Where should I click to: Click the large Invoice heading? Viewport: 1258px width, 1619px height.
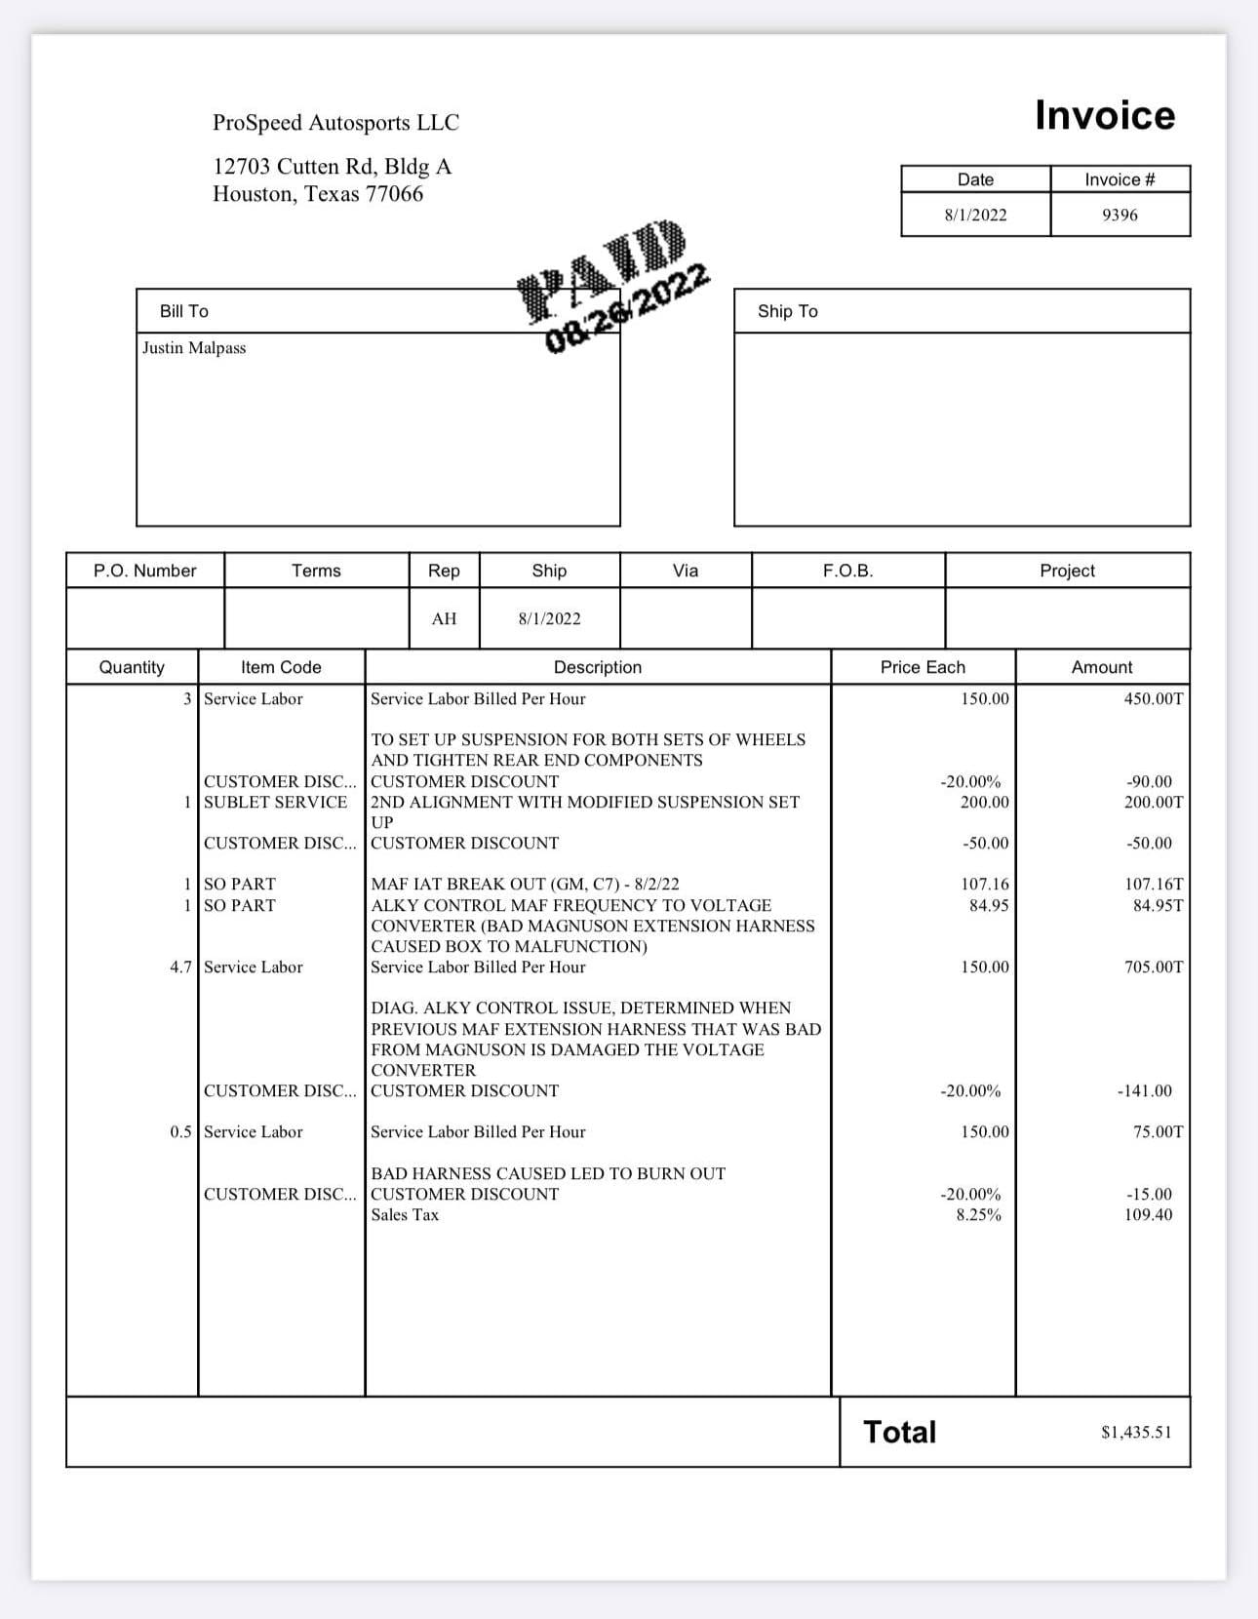point(1104,115)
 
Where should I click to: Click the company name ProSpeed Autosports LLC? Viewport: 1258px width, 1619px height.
point(335,123)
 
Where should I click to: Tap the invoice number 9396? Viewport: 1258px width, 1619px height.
point(1120,215)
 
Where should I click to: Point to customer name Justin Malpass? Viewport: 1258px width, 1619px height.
point(194,348)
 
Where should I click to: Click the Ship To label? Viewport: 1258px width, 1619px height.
point(787,311)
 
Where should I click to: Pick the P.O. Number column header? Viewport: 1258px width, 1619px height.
point(144,571)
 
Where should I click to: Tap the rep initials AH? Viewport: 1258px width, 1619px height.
point(444,618)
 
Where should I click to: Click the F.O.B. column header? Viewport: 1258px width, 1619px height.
point(847,571)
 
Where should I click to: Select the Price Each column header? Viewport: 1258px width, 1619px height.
point(922,667)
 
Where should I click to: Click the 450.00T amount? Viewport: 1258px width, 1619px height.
point(1153,699)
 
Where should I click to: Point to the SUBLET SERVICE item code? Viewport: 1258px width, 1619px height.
point(275,802)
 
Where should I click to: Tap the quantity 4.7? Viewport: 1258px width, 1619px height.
point(180,967)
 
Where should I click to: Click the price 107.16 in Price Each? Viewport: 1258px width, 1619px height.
point(984,884)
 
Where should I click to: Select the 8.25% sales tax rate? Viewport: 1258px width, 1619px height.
point(978,1214)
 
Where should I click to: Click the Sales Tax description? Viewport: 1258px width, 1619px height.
point(405,1214)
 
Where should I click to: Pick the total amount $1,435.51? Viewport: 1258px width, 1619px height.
point(1136,1432)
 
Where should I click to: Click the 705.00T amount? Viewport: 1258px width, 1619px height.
point(1153,967)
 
